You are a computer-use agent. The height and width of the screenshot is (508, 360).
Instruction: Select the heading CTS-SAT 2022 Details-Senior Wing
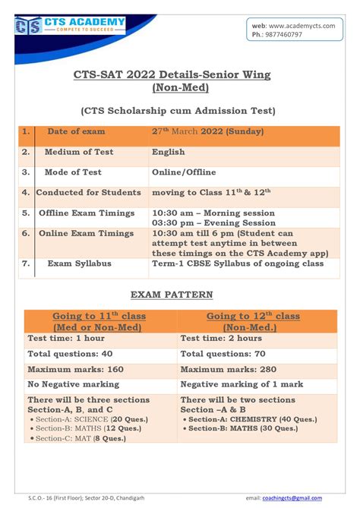pyautogui.click(x=179, y=76)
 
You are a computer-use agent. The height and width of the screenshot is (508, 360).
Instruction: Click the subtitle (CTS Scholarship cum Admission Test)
pyautogui.click(x=179, y=111)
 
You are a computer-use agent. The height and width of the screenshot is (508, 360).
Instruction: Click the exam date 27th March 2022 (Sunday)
pyautogui.click(x=207, y=132)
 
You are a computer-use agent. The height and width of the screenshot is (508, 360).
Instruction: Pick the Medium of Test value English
pyautogui.click(x=169, y=152)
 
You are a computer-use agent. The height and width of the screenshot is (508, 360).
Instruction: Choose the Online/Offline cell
pyautogui.click(x=184, y=172)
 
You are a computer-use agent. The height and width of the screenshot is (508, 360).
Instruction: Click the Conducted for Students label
pyautogui.click(x=88, y=193)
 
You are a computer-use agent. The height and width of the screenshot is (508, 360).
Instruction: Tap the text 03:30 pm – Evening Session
pyautogui.click(x=213, y=223)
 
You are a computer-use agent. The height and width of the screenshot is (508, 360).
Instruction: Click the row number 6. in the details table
pyautogui.click(x=26, y=233)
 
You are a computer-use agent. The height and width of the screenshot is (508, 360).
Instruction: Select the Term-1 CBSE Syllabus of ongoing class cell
pyautogui.click(x=237, y=263)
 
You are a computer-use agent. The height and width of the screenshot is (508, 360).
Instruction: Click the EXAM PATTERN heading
pyautogui.click(x=180, y=294)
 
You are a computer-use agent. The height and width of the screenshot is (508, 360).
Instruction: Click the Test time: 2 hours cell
pyautogui.click(x=219, y=338)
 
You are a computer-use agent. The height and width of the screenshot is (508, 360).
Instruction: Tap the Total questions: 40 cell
pyautogui.click(x=70, y=354)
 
